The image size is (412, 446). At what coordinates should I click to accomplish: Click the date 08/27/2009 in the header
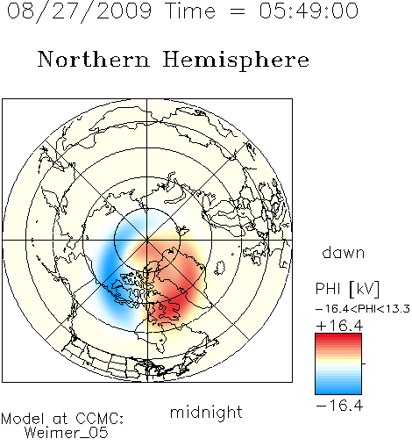pyautogui.click(x=79, y=11)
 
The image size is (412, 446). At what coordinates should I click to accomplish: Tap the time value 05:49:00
pyautogui.click(x=309, y=11)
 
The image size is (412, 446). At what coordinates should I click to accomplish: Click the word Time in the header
pyautogui.click(x=190, y=11)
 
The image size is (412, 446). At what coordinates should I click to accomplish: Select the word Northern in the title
pyautogui.click(x=94, y=59)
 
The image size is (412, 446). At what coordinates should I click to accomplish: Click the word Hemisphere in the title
pyautogui.click(x=236, y=61)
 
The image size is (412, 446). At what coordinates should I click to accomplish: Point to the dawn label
pyautogui.click(x=343, y=252)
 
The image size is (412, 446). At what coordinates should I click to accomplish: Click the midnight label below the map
pyautogui.click(x=206, y=414)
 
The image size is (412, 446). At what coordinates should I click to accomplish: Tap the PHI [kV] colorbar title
pyautogui.click(x=347, y=289)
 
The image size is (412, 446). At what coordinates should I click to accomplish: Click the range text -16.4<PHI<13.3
pyautogui.click(x=363, y=309)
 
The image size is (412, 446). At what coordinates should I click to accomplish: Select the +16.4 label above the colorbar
pyautogui.click(x=339, y=326)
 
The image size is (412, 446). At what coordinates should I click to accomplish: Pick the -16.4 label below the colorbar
pyautogui.click(x=339, y=406)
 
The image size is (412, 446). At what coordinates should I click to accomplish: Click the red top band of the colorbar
pyautogui.click(x=338, y=337)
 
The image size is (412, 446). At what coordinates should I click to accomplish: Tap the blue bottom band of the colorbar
pyautogui.click(x=338, y=390)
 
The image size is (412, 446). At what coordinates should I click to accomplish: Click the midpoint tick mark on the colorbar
pyautogui.click(x=364, y=363)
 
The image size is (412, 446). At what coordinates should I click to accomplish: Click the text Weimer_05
pyautogui.click(x=67, y=433)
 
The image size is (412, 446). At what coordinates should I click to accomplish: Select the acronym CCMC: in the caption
pyautogui.click(x=99, y=419)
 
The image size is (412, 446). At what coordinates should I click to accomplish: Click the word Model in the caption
pyautogui.click(x=23, y=419)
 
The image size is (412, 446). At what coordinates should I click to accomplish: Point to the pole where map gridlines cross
pyautogui.click(x=147, y=241)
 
